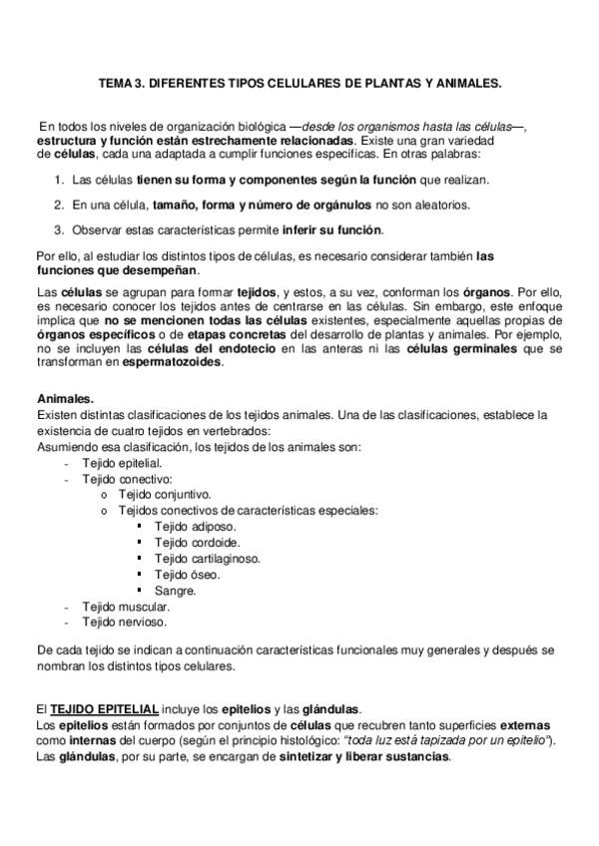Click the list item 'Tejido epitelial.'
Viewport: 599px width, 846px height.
[122, 464]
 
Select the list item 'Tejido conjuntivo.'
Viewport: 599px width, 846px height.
[165, 494]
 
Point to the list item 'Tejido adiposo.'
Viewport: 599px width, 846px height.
[196, 526]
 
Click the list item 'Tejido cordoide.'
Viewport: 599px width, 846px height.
[198, 542]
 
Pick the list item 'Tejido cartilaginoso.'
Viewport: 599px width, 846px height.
[207, 558]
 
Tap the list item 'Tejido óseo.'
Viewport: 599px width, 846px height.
[188, 574]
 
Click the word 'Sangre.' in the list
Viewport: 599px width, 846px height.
[175, 590]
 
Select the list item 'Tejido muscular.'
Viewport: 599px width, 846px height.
[126, 606]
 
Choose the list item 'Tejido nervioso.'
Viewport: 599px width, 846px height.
[124, 622]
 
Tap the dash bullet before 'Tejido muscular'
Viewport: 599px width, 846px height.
[66, 606]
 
